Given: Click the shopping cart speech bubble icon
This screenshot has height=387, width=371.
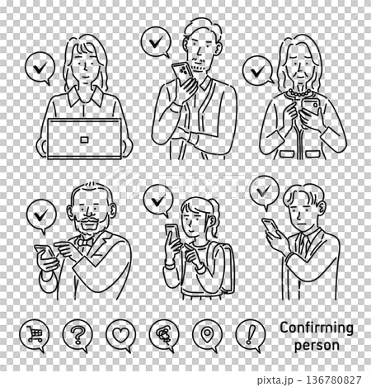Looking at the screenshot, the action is point(35,335).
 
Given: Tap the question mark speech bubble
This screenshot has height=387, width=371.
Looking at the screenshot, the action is point(77,335).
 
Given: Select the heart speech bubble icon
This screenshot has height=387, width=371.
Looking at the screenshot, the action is point(120,335).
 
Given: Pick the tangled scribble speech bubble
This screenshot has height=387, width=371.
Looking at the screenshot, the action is point(164,335).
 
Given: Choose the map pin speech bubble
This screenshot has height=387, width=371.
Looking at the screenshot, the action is point(207,335).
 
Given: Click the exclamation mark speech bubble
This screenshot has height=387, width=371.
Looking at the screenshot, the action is point(251,335).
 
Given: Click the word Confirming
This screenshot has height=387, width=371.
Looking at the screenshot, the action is point(317,328).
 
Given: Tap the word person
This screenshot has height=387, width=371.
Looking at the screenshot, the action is point(317,346).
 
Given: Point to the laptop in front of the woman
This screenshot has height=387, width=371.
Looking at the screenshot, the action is point(84,139).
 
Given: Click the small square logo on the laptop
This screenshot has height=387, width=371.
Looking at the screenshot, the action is point(84,139).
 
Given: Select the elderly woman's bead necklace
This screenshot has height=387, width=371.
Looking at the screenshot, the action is point(299,92).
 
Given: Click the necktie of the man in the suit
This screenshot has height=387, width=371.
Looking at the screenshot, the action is point(304,243).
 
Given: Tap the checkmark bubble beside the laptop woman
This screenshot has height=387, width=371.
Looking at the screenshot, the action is point(40,68).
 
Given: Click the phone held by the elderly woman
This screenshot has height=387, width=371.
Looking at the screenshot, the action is point(310,108).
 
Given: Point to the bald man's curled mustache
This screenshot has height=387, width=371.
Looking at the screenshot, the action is point(88,219).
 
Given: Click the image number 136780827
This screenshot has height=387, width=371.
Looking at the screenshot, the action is point(334,380).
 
